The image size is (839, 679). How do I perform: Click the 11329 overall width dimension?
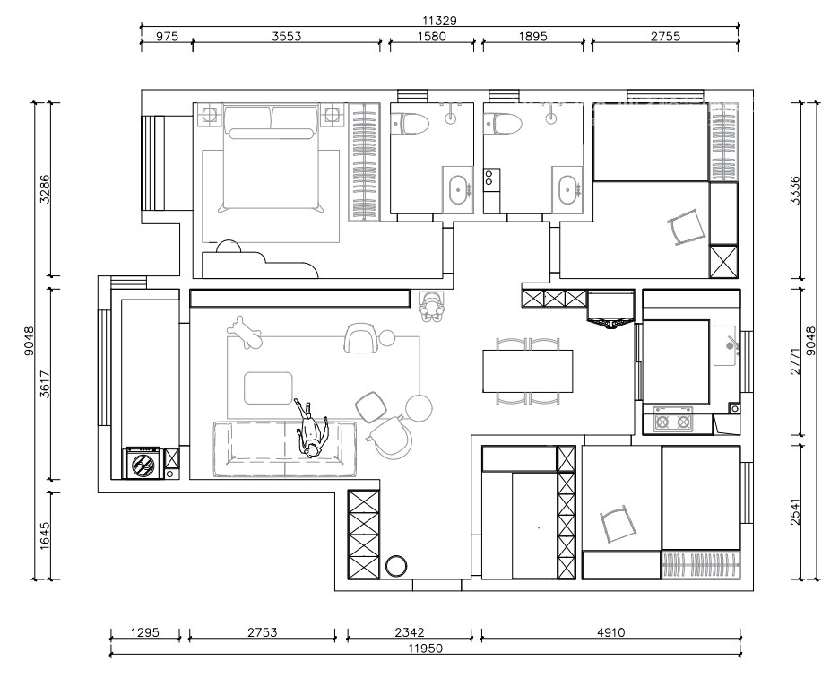click(x=439, y=21)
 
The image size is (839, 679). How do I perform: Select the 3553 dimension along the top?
click(x=286, y=37)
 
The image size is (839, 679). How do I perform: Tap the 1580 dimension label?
click(x=431, y=37)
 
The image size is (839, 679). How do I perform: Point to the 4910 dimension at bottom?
click(x=610, y=632)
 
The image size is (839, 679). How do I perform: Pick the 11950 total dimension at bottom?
click(x=426, y=649)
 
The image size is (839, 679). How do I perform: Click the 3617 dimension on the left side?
click(x=45, y=384)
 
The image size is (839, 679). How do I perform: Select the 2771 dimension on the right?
click(x=795, y=361)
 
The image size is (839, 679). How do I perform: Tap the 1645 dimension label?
click(x=45, y=535)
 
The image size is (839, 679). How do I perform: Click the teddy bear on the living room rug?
click(x=245, y=333)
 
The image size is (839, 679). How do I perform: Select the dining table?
click(x=528, y=371)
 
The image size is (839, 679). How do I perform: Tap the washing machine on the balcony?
click(x=143, y=464)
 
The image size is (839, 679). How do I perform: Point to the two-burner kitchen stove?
click(x=672, y=422)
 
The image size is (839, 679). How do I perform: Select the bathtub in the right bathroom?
click(x=567, y=191)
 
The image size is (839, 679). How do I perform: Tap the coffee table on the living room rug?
click(x=269, y=388)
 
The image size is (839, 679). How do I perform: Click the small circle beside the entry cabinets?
click(x=396, y=566)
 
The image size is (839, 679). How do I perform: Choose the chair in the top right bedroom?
click(x=687, y=227)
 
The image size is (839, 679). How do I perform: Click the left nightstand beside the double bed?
click(x=209, y=115)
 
